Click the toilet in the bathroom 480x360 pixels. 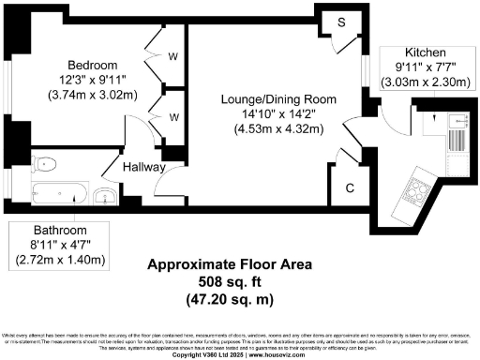[x=46, y=165]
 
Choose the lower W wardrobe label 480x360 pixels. [x=172, y=117]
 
